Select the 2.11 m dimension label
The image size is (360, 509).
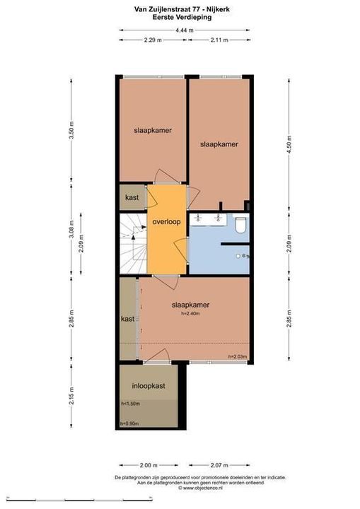(219, 40)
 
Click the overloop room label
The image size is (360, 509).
(167, 221)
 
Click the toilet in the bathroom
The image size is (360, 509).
(240, 226)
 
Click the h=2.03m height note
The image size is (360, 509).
(237, 357)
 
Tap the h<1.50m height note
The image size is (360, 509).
(130, 404)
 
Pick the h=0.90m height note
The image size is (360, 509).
(129, 423)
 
